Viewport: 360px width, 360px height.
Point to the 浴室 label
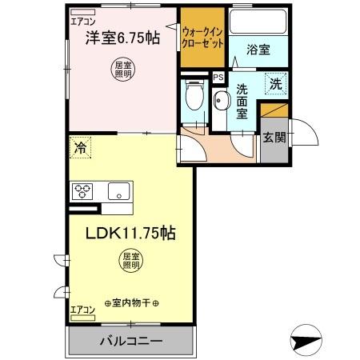(258, 50)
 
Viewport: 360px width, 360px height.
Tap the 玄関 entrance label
(274, 137)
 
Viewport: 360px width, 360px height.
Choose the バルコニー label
(131, 342)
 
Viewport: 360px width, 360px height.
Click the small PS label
(218, 78)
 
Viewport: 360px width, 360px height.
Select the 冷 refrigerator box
(80, 146)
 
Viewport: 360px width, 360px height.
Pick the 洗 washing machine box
(274, 82)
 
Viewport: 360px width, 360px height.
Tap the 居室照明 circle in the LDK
(131, 261)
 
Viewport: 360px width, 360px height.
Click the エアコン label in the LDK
(82, 310)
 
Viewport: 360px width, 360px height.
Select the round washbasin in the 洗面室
(222, 100)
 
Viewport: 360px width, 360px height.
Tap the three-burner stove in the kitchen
(83, 191)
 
